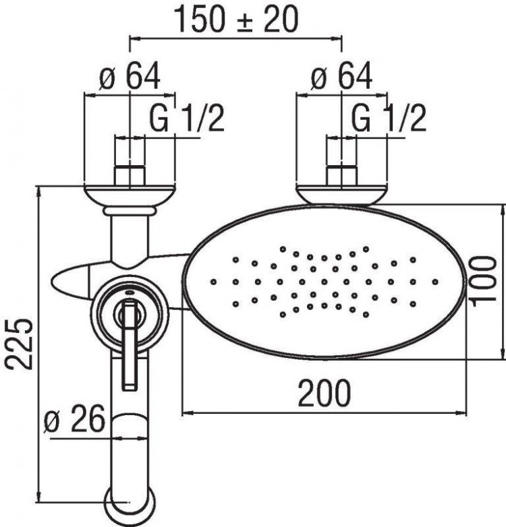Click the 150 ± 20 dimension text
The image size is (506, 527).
click(x=236, y=20)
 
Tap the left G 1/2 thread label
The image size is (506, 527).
click(x=186, y=120)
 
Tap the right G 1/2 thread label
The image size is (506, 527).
click(x=389, y=120)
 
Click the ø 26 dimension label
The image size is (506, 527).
click(x=74, y=421)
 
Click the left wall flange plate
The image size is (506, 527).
click(x=130, y=195)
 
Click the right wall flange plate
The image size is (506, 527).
click(x=342, y=195)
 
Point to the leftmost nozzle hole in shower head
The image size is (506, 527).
click(x=213, y=280)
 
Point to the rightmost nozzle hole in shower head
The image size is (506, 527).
click(x=435, y=281)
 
